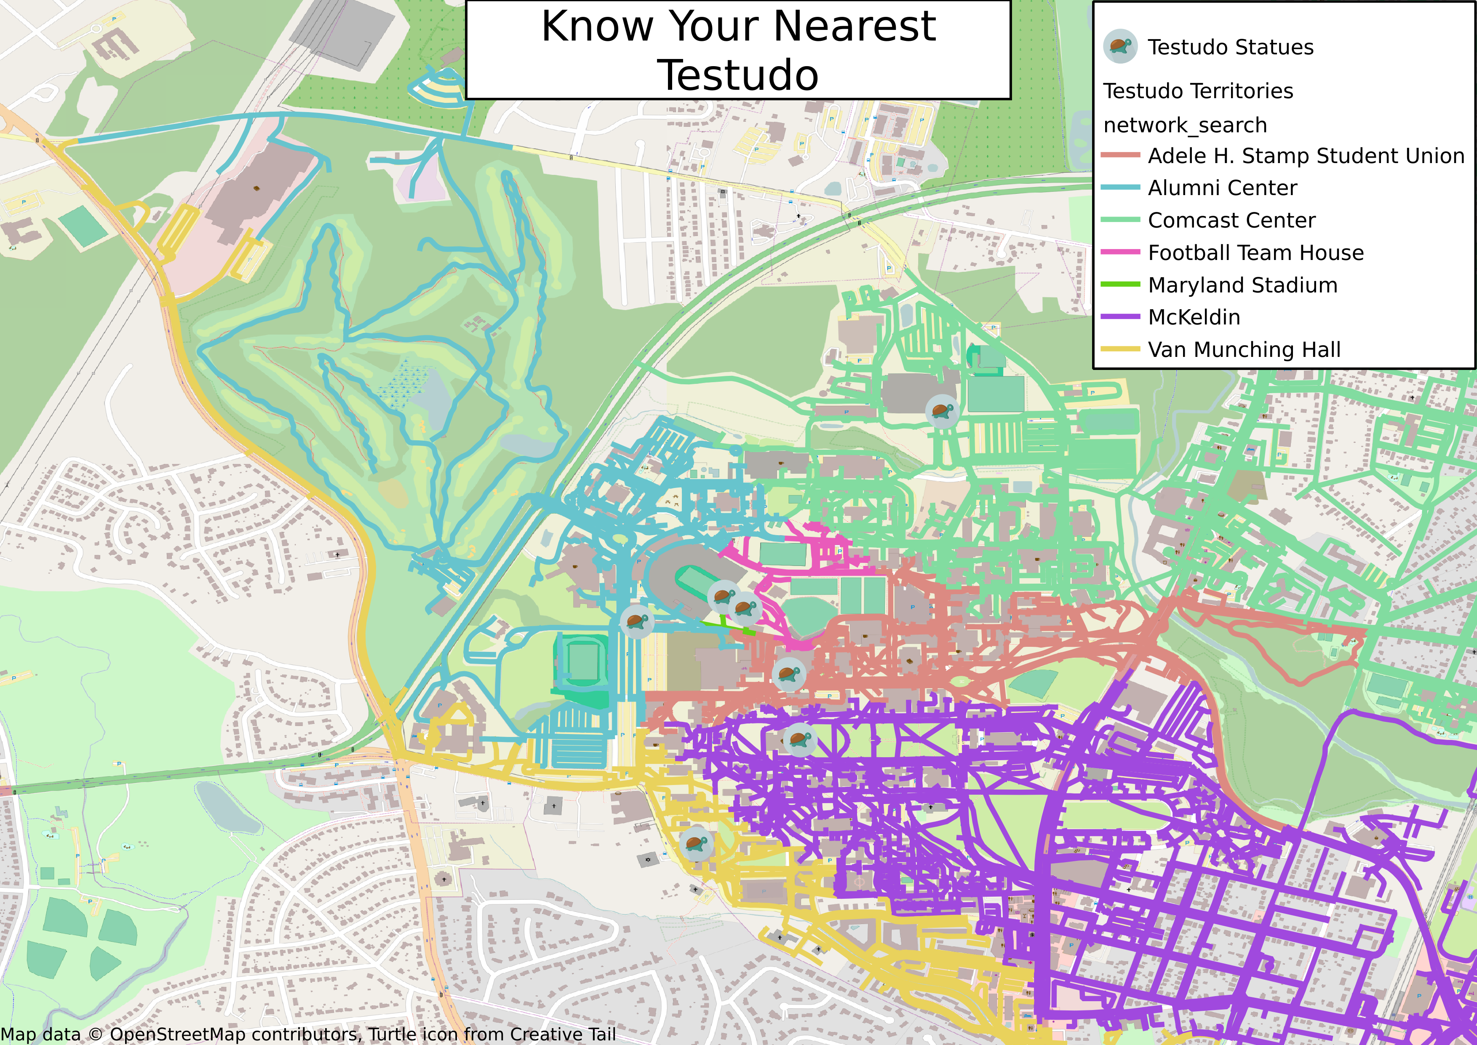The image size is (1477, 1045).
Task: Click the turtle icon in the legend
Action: coord(1120,46)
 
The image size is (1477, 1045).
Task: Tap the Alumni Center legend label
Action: coord(1222,188)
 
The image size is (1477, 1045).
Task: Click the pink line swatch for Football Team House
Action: coord(1120,252)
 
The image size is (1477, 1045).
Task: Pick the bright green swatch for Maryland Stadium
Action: coord(1120,284)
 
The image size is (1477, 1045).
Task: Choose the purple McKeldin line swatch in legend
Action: coord(1120,316)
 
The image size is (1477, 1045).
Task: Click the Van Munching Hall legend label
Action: coord(1244,349)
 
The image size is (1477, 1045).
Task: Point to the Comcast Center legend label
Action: coord(1231,220)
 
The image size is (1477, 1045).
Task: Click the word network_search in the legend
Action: coord(1185,125)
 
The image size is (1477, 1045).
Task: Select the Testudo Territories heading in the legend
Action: coord(1198,91)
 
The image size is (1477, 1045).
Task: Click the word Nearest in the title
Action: coord(854,27)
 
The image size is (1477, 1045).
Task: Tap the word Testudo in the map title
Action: coord(738,75)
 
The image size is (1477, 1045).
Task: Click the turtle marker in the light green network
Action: coord(942,410)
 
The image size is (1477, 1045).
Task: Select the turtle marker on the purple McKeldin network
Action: coord(800,740)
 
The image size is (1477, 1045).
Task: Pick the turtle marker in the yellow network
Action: coord(696,844)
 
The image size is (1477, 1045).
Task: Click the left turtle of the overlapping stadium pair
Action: coord(723,596)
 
